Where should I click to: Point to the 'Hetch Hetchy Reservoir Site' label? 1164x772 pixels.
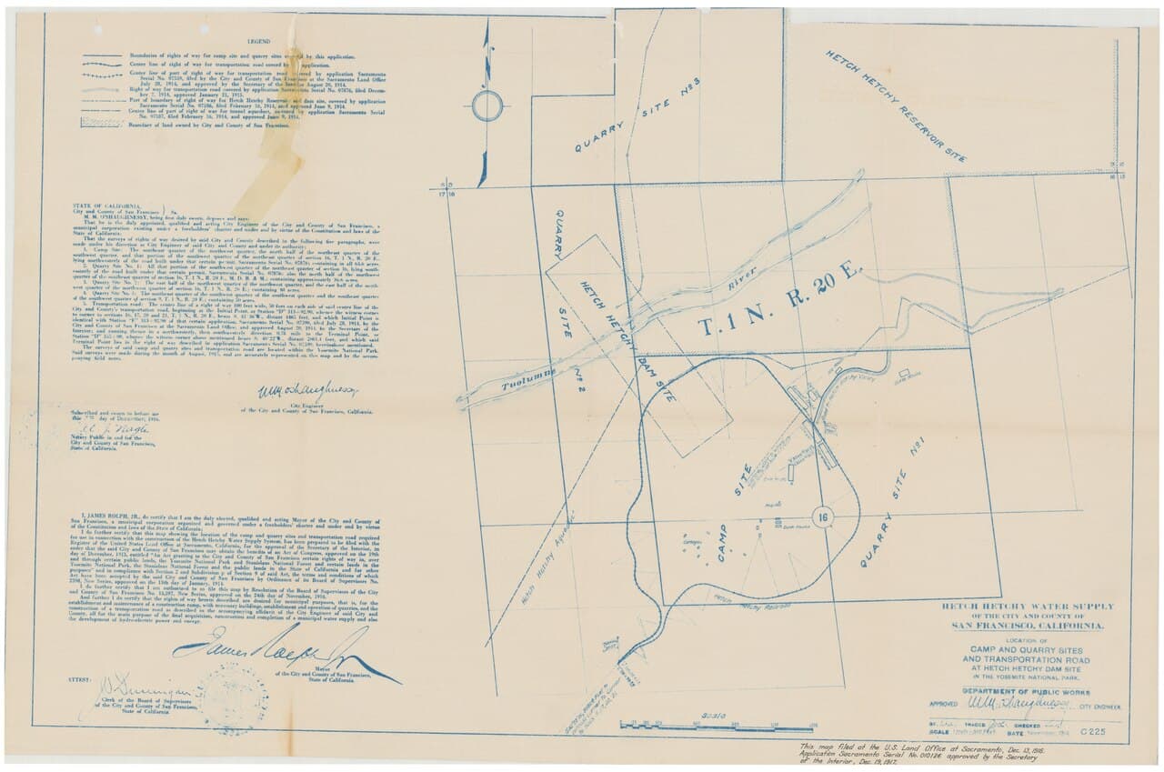[897, 108]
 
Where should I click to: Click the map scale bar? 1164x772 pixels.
[718, 725]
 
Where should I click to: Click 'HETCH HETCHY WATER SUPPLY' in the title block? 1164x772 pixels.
[1027, 607]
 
